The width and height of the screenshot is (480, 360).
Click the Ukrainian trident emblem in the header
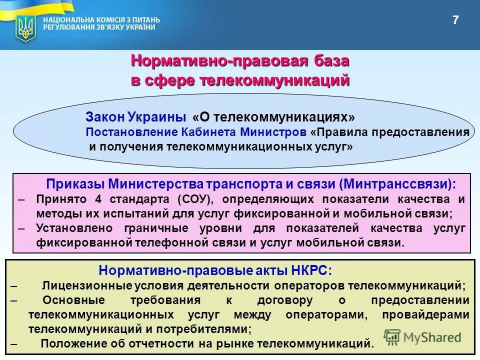[x=24, y=27]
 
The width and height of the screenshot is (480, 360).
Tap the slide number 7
[x=455, y=20]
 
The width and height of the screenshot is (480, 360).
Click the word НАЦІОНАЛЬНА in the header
[x=66, y=20]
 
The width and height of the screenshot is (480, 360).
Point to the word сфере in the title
[x=171, y=80]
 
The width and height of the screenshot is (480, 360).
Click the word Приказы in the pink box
[x=74, y=183]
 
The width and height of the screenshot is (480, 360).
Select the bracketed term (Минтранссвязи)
[x=397, y=183]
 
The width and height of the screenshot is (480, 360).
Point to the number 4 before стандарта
[x=97, y=199]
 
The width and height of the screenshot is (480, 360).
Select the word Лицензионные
[x=80, y=286]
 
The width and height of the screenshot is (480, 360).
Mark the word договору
[x=284, y=300]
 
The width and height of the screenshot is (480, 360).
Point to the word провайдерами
[x=425, y=315]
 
